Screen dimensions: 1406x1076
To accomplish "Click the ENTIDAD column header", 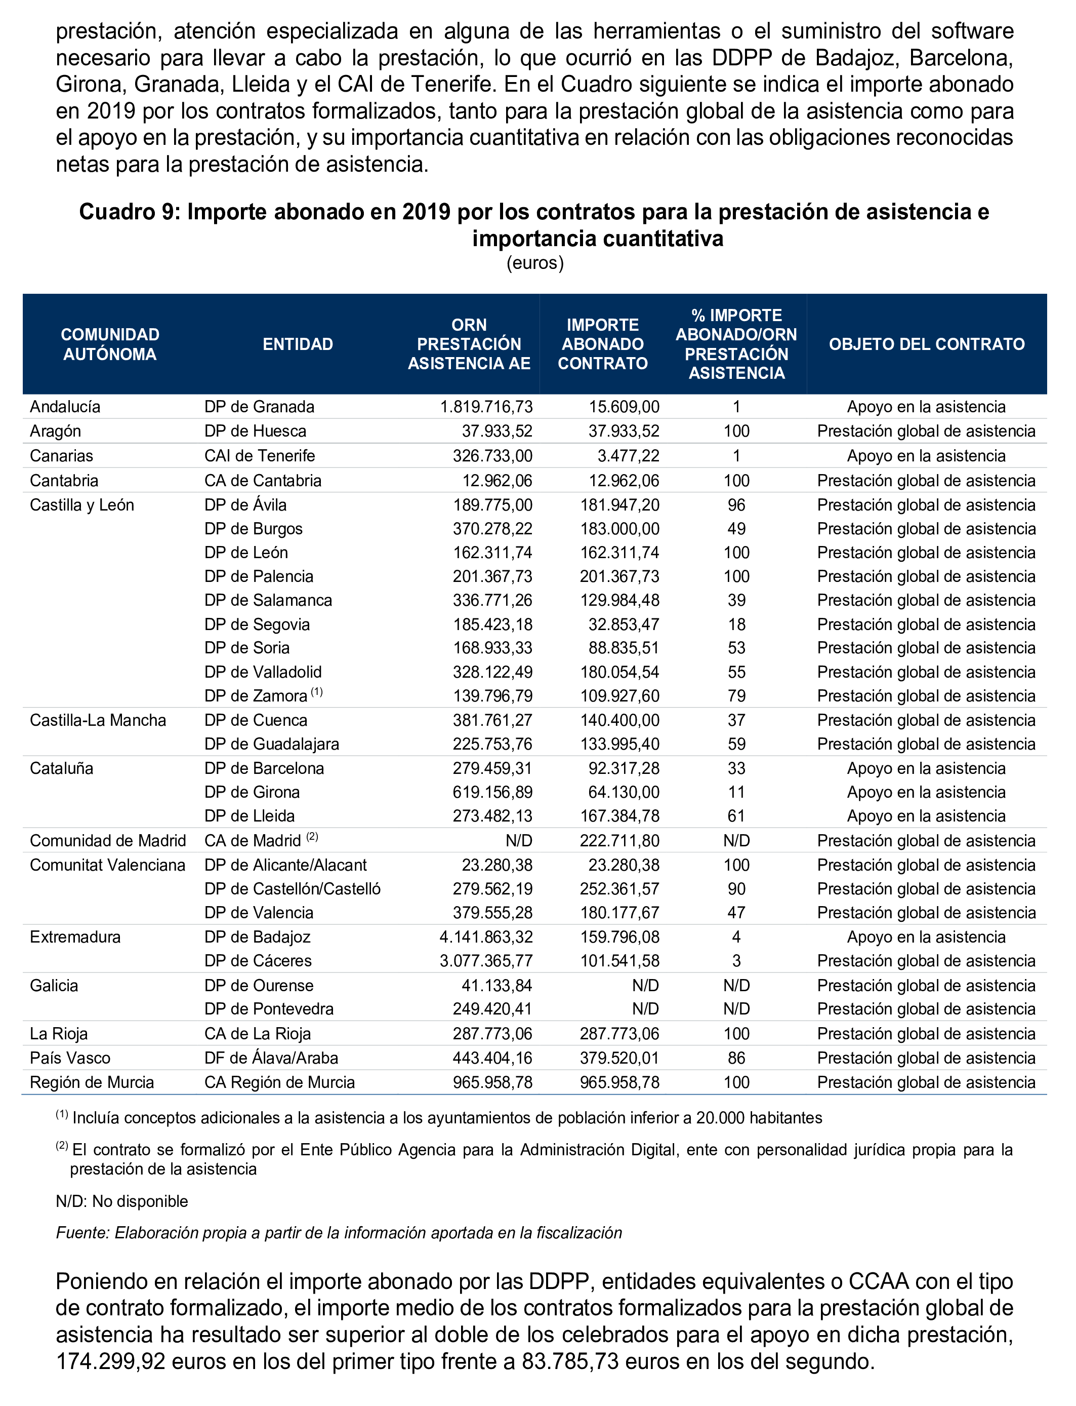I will (x=298, y=344).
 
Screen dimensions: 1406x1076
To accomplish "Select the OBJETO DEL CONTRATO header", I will (x=926, y=344).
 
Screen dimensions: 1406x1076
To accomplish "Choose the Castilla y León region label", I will (x=82, y=505).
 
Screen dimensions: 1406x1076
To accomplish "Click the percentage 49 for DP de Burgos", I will (x=736, y=529).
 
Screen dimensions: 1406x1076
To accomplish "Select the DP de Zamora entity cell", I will (x=256, y=696).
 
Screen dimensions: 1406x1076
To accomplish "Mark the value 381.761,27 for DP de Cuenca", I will (x=492, y=720).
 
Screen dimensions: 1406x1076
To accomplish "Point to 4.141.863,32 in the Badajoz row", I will (x=485, y=937).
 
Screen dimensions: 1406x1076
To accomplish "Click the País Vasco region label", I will (x=70, y=1058).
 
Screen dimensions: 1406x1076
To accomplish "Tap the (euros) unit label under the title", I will (x=535, y=263).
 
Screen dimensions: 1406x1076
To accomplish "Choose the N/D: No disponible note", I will (x=121, y=1201).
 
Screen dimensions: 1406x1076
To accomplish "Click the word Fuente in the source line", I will (x=80, y=1233).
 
